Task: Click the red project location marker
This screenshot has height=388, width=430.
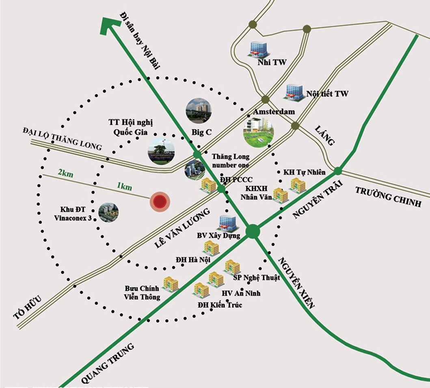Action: pos(160,202)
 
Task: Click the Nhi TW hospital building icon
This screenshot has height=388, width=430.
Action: pos(258,49)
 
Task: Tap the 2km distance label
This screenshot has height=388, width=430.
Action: pos(65,173)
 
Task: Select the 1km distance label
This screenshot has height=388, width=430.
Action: pos(124,186)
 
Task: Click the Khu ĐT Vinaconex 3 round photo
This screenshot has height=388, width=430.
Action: pos(109,212)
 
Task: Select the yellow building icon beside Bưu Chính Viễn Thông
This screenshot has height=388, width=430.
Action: pos(171,284)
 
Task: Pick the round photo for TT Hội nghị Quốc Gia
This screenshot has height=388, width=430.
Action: pos(161,150)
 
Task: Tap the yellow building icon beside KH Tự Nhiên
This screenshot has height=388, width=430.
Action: pos(298,185)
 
